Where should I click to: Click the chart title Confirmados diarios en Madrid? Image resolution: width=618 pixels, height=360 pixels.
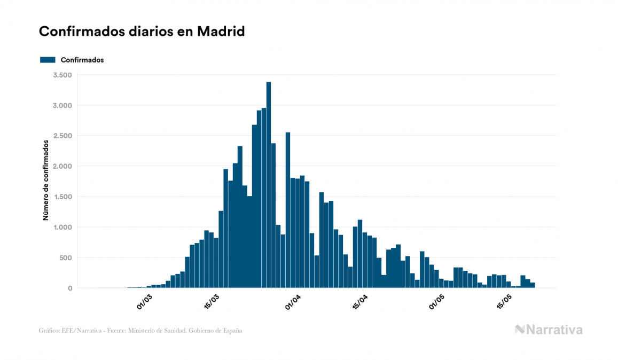pos(142,32)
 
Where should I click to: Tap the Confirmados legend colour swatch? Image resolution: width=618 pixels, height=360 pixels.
pos(48,60)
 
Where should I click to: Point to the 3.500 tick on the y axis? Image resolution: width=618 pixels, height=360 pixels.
pos(62,75)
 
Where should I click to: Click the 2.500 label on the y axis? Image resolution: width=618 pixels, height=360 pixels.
pos(62,136)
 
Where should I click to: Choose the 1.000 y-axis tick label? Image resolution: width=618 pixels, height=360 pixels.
pos(62,228)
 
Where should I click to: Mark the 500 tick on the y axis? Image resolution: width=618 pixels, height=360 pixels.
pos(65,258)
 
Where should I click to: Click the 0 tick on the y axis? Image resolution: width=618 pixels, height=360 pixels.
pos(69,288)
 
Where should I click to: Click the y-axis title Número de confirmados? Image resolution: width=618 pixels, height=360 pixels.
pos(46,181)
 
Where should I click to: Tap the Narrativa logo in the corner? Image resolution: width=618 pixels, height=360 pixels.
pos(549,330)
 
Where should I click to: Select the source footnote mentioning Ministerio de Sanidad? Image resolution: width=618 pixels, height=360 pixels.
pos(140,331)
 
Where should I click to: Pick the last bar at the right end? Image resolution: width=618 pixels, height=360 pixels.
pos(533,285)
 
